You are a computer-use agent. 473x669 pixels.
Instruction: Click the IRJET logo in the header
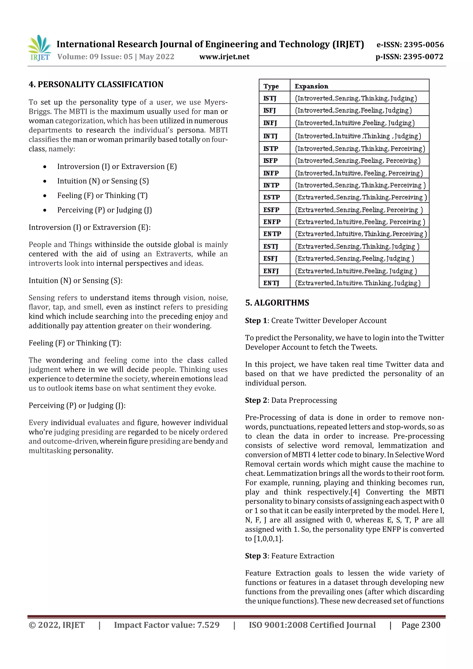(x=40, y=48)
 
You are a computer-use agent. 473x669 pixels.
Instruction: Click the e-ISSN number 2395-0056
(x=424, y=45)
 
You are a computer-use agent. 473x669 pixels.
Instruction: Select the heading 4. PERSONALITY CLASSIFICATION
(x=96, y=85)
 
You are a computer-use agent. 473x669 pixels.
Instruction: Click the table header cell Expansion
(x=311, y=86)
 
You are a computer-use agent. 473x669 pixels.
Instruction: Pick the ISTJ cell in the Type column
(x=270, y=98)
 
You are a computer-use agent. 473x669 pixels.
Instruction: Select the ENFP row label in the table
(x=272, y=222)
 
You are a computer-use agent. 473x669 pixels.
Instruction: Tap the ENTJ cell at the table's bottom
(x=271, y=283)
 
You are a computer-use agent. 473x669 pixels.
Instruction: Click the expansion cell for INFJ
(x=355, y=123)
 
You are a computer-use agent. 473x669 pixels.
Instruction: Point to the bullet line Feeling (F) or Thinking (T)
(x=102, y=196)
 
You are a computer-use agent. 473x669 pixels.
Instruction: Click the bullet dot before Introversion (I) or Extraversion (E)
(x=45, y=167)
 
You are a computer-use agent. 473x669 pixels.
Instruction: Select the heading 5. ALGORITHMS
(x=277, y=303)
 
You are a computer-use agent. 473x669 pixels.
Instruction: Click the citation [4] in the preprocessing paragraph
(x=355, y=492)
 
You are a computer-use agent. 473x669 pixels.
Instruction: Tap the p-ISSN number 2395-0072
(x=423, y=57)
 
